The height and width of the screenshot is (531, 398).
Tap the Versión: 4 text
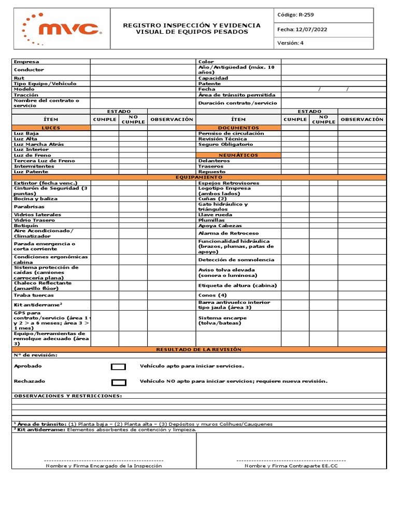tap(290, 43)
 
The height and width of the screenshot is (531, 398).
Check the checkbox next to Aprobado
tap(119, 367)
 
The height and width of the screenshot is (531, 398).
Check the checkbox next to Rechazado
tap(119, 383)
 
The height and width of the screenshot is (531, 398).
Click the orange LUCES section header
tap(51, 128)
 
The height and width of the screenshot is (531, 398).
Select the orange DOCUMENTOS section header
tap(238, 128)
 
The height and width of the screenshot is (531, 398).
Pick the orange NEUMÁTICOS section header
tap(238, 155)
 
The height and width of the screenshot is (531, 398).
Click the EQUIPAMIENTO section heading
tap(198, 177)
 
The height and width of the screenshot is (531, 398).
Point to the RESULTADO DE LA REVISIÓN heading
tap(198, 350)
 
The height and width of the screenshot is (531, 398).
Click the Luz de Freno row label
tap(32, 155)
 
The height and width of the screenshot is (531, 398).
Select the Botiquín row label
tap(26, 226)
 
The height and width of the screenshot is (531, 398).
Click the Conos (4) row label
tap(212, 295)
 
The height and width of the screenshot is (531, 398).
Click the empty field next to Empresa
tap(143, 62)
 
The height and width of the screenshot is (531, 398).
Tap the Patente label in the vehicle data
tap(209, 83)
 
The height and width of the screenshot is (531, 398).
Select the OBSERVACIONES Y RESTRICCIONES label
tap(68, 396)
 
